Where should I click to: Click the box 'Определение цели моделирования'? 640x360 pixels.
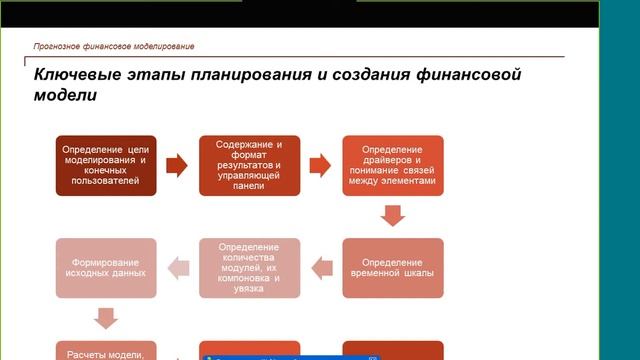coord(104,164)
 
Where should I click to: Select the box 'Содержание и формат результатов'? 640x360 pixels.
coord(249,164)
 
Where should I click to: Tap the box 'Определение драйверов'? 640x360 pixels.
coord(392,164)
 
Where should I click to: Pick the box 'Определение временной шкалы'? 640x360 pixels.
coord(392,267)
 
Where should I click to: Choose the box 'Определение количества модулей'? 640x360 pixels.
coord(249,267)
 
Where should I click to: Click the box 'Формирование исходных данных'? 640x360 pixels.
coord(104,267)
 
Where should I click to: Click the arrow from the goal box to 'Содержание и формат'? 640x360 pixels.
coord(176,164)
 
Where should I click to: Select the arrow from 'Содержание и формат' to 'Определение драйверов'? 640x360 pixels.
coord(320,164)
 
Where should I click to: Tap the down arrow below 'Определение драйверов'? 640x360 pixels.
coord(392,215)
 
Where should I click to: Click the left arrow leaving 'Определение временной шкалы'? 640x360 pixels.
coord(320,267)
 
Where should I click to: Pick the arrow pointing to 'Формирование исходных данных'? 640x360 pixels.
coord(176,267)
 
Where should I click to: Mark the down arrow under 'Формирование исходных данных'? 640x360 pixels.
coord(104,318)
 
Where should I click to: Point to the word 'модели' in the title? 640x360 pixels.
coord(66,96)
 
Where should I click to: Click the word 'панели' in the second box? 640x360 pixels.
coord(249,186)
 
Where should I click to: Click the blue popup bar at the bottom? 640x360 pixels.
coord(290,355)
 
